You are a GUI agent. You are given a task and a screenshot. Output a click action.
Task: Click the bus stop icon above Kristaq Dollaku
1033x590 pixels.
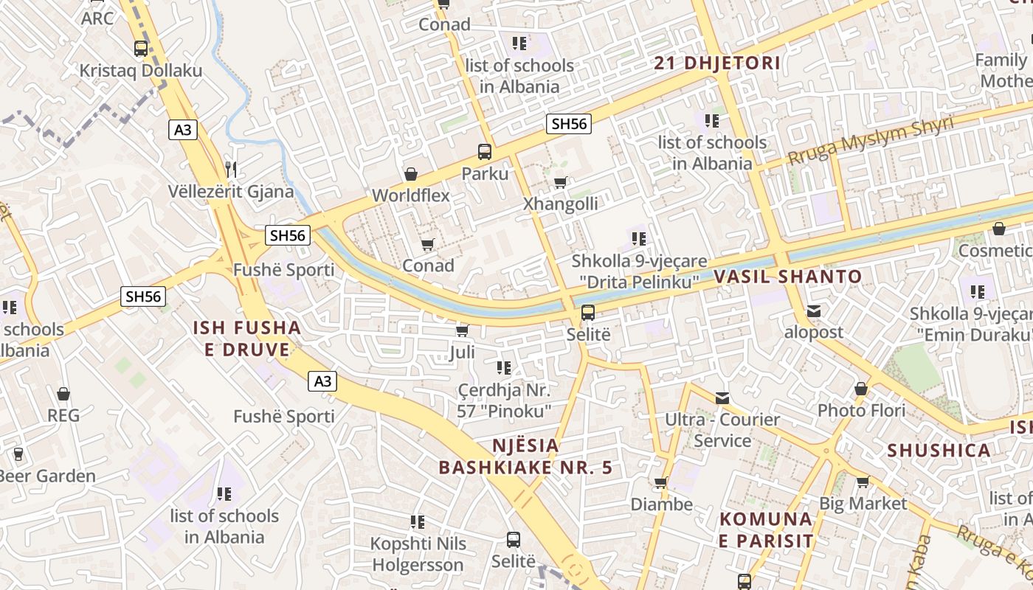[140, 49]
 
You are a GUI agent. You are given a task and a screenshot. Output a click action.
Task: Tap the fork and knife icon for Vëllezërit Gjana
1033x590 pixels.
[231, 169]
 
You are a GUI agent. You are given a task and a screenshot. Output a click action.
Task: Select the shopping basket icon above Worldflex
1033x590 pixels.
[411, 174]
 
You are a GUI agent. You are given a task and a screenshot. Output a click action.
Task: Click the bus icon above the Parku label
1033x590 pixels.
[485, 152]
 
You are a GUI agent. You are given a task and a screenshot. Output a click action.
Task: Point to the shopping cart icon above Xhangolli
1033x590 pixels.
[561, 182]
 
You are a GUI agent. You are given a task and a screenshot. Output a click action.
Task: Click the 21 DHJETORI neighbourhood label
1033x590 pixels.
[716, 63]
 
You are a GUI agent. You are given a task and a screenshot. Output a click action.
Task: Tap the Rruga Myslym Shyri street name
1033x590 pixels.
[871, 140]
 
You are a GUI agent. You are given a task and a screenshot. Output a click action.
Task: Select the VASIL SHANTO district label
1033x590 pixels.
[787, 277]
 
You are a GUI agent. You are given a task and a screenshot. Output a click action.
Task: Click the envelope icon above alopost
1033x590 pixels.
[813, 310]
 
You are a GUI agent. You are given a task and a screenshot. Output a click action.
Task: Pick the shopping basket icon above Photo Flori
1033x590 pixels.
[861, 388]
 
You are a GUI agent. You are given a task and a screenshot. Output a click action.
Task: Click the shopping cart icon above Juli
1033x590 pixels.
[463, 330]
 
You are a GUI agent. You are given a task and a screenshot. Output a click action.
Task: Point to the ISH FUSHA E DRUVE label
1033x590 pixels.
[247, 339]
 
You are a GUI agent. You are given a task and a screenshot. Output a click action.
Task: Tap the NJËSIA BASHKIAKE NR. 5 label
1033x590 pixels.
[525, 457]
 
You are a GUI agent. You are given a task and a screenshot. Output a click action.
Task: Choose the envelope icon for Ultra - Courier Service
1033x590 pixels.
[722, 398]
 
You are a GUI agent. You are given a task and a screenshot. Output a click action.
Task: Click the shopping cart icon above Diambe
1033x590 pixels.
[661, 483]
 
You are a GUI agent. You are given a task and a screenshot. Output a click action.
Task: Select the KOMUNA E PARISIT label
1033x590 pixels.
[766, 530]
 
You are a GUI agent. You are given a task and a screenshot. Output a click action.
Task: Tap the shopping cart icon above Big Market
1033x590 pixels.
[863, 482]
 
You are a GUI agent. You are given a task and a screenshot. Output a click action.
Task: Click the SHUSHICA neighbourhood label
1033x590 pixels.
[939, 451]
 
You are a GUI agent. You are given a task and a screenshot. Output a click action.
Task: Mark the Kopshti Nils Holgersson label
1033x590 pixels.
[418, 554]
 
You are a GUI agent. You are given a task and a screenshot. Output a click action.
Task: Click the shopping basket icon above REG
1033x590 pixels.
[63, 394]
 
